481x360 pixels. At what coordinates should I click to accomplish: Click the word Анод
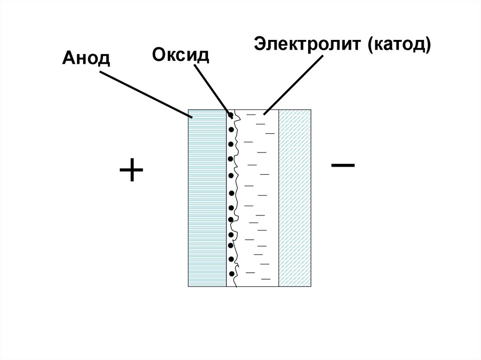click(85, 59)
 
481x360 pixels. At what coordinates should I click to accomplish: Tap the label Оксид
click(180, 55)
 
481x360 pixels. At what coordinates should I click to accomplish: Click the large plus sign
click(131, 170)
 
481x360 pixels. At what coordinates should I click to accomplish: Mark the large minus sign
click(343, 165)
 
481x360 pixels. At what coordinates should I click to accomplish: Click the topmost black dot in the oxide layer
click(231, 115)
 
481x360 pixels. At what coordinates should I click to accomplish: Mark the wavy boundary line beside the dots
click(237, 197)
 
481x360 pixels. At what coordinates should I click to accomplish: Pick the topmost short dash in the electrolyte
click(252, 115)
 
